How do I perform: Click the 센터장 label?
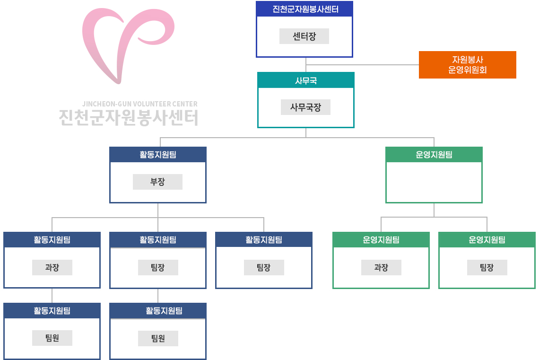click(304, 36)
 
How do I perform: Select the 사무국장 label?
click(305, 107)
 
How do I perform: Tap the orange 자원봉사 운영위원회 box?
click(467, 65)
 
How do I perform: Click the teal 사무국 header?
click(306, 81)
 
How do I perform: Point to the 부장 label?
click(157, 182)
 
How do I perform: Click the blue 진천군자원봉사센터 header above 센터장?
click(305, 9)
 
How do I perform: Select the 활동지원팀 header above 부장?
click(157, 155)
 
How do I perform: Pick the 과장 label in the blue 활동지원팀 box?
click(52, 268)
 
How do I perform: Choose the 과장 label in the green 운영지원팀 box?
click(381, 268)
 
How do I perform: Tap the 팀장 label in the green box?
click(487, 268)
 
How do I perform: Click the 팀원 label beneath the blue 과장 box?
click(52, 338)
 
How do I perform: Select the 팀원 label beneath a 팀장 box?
click(158, 338)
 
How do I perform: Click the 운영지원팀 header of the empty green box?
click(434, 155)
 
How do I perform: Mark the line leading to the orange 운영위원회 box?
click(363, 64)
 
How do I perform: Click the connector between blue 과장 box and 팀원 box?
click(52, 296)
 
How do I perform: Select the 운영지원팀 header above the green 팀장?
click(487, 240)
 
